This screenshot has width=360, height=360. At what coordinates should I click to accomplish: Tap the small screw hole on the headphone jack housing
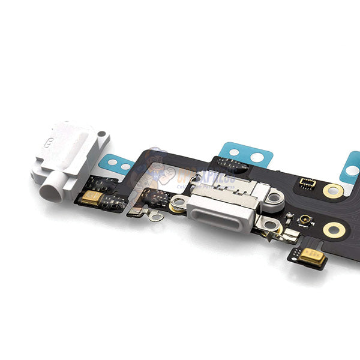coord(103,134)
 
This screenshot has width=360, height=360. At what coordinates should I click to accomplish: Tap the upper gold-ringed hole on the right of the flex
coord(333,191)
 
